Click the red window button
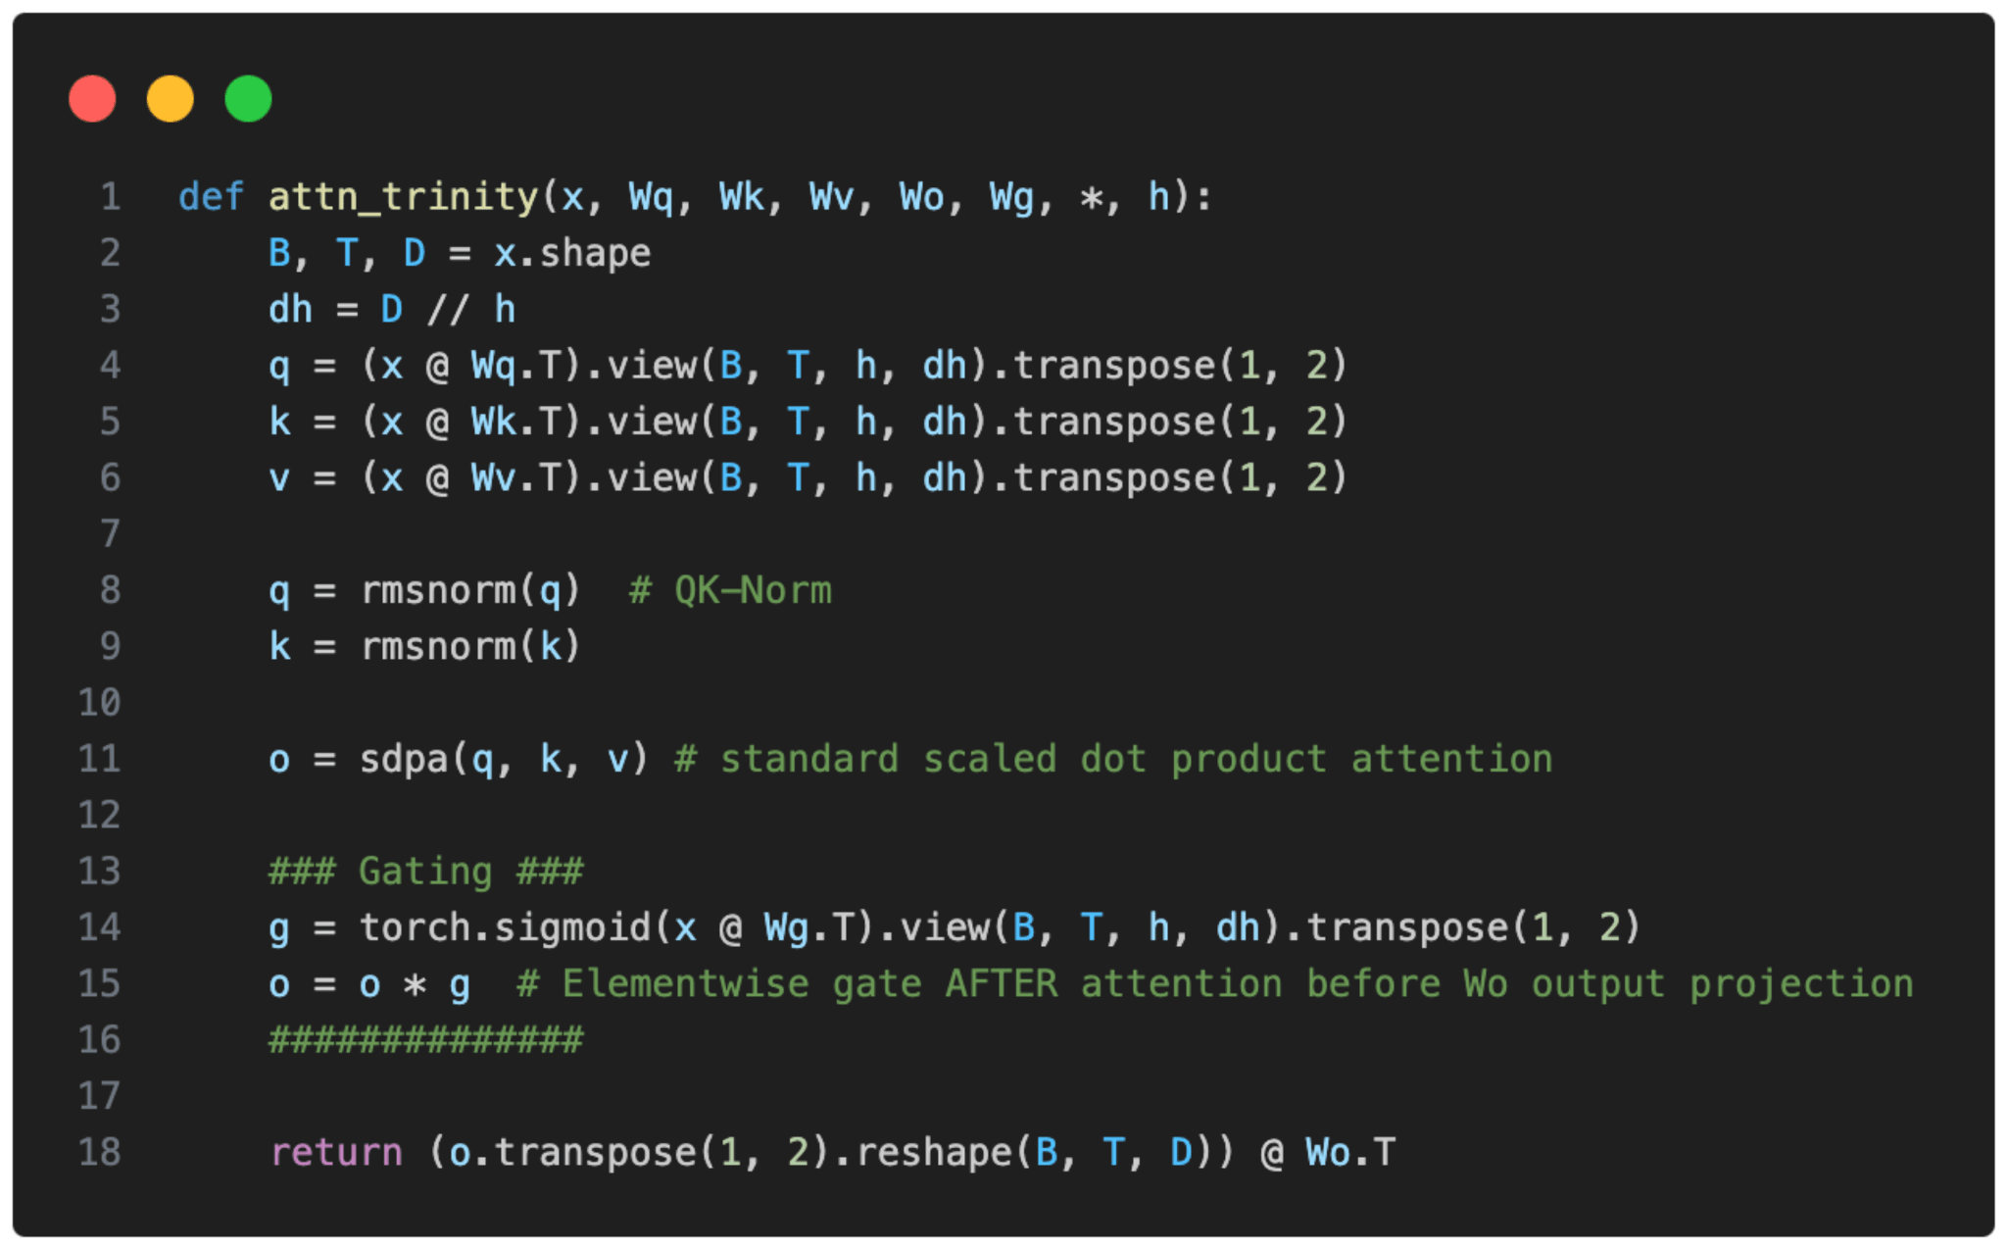92,99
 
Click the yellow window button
171,99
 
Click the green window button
248,99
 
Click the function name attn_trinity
403,197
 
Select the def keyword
211,197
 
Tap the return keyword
336,1152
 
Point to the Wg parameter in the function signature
1011,197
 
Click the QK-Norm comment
730,590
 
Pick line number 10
99,702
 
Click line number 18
99,1152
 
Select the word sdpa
403,759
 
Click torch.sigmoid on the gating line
505,927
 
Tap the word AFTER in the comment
1001,983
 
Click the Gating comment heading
426,871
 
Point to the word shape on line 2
595,254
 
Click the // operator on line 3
448,310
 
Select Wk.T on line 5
515,422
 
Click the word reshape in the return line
933,1152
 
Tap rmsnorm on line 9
438,646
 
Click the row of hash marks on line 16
426,1039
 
